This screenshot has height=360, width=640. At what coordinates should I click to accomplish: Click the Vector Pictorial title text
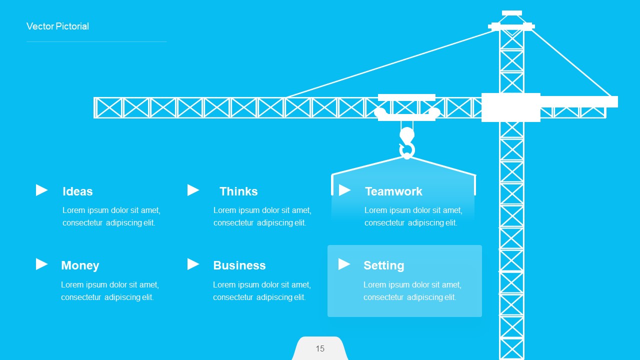coord(57,26)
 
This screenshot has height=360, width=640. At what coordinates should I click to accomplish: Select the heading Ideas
coord(77,191)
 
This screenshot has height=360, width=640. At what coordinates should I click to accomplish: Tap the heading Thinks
coord(238,191)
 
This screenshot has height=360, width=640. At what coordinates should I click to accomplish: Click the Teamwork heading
coord(393,191)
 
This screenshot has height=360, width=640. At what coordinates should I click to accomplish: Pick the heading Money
coord(80,265)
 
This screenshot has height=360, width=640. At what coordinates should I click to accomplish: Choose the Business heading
coord(239,265)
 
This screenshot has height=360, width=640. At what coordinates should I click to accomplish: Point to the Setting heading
coord(383,265)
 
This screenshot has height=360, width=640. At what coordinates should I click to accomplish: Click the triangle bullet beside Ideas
coord(41,190)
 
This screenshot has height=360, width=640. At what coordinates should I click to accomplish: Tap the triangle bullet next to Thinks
coord(193,190)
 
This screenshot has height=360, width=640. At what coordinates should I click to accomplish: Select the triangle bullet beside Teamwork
coord(344,190)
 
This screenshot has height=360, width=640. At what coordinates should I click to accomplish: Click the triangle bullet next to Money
coord(41,264)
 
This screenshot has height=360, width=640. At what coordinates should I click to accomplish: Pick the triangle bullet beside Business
coord(193,264)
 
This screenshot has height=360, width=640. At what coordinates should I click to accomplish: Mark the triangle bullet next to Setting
coord(344,264)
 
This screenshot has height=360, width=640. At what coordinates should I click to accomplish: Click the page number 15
coord(320,348)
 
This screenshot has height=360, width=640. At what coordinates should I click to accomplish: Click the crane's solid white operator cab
coord(510,107)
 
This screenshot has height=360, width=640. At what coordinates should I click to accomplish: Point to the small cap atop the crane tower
coord(511,13)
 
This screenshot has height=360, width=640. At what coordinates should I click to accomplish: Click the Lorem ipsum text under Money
coord(109,291)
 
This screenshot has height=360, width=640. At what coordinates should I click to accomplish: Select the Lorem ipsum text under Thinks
coord(262,216)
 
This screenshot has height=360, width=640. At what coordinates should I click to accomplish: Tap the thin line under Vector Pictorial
coord(96,42)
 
